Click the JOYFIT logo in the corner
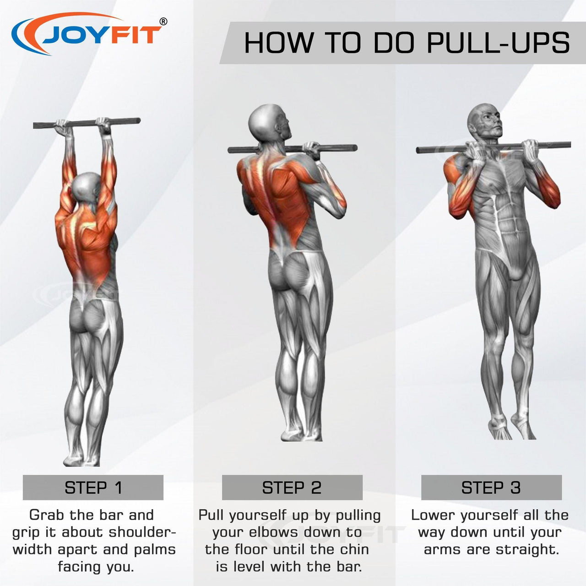88,34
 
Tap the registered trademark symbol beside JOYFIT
163,21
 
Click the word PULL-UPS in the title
498,43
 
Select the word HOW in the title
279,43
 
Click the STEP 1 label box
93,488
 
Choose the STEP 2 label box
292,488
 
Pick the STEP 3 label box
491,488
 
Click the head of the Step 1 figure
86,187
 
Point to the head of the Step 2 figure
268,123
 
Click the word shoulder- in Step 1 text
143,532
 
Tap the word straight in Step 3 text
526,550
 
